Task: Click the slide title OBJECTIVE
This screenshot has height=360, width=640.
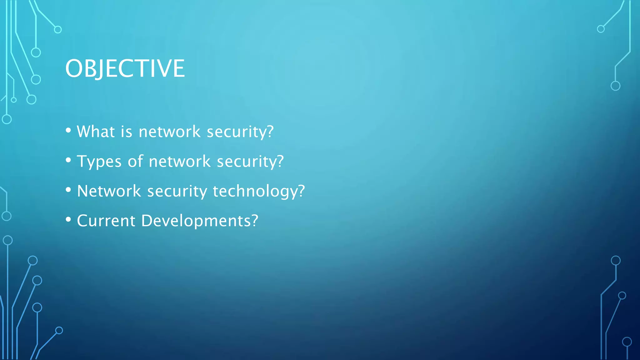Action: pos(125,68)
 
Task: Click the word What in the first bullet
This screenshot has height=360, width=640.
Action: pos(96,132)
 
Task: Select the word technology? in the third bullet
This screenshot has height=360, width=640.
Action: pos(259,191)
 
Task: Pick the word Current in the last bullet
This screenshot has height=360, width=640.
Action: pos(106,221)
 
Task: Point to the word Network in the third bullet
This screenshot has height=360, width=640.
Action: pos(109,191)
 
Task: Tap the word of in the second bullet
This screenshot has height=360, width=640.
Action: pos(135,162)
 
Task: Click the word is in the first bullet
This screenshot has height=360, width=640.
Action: pos(127,132)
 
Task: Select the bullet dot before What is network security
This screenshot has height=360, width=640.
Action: pos(68,130)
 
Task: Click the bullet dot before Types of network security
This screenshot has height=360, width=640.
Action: pos(68,160)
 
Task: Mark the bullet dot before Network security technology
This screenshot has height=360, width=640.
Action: pos(68,190)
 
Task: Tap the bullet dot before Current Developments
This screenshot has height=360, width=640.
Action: pos(68,219)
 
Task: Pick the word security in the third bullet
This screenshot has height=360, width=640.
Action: pos(177,192)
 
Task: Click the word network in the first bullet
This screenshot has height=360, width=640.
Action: pos(169,132)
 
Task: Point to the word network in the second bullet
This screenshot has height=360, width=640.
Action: pos(180,162)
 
